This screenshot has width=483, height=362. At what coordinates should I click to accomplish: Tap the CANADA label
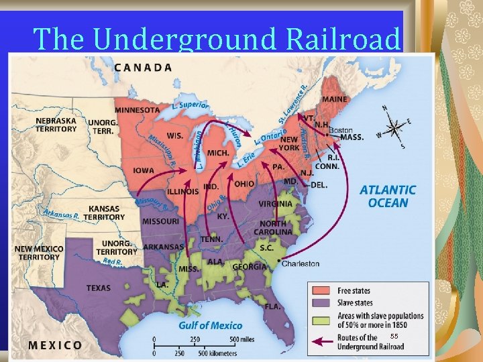click(142, 67)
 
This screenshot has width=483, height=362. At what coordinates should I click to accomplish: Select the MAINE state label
click(334, 99)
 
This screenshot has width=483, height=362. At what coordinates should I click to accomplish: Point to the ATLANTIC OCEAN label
click(388, 196)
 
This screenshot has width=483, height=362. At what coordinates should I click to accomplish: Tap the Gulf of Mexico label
click(211, 325)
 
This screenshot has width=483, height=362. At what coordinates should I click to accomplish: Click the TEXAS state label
click(99, 288)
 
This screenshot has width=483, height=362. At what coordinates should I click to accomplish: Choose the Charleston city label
click(300, 263)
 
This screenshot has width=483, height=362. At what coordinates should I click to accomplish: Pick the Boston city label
click(341, 129)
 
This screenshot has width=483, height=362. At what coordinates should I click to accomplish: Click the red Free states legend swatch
click(321, 291)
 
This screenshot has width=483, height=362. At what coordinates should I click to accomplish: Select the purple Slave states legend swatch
click(321, 303)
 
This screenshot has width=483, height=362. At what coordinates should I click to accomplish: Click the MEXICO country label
click(55, 345)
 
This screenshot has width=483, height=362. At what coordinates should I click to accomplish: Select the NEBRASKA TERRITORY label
click(56, 125)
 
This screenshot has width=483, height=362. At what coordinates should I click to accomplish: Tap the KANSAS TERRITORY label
click(104, 213)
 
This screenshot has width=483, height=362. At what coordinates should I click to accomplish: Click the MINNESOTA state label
click(137, 110)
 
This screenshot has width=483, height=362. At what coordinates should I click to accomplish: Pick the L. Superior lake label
click(191, 106)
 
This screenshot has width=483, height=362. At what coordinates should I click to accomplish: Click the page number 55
click(394, 335)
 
